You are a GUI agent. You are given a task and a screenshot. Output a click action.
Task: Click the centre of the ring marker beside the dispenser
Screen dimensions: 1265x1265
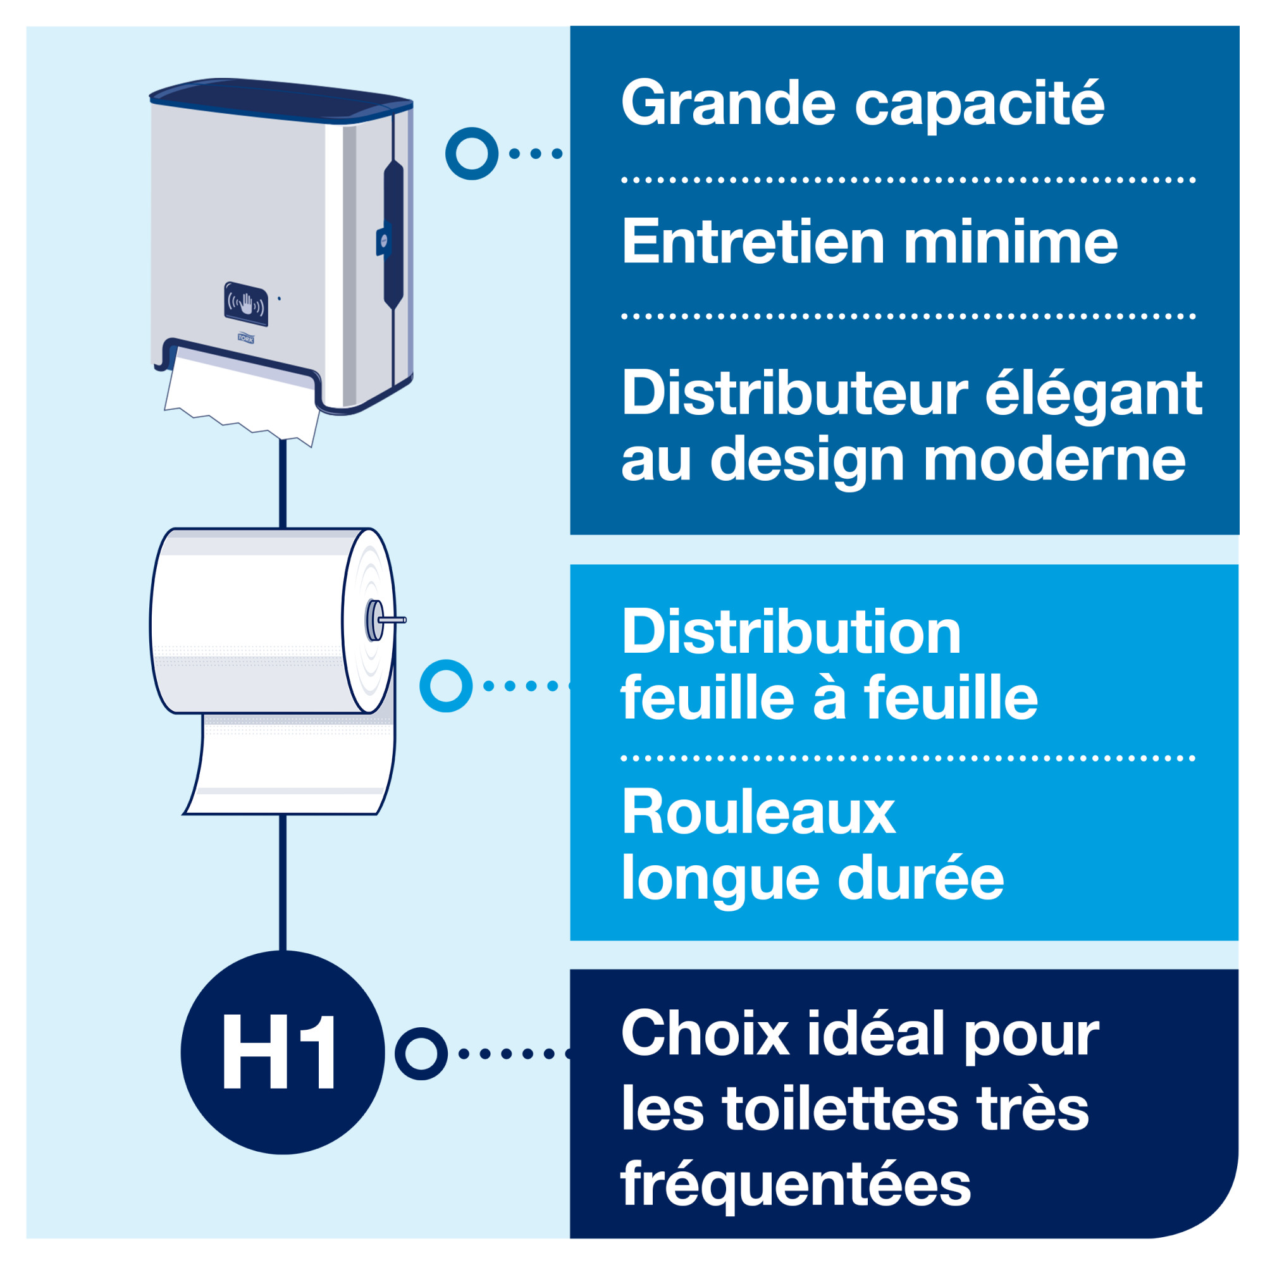(471, 154)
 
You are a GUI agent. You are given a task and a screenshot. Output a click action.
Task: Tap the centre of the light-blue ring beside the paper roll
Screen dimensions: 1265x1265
(446, 686)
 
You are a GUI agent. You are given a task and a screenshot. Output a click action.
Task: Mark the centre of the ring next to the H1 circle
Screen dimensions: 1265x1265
(421, 1054)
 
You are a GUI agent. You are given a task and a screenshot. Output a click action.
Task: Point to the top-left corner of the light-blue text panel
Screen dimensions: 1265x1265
(571, 564)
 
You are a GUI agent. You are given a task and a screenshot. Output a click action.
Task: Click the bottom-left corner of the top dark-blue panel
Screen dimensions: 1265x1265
(571, 534)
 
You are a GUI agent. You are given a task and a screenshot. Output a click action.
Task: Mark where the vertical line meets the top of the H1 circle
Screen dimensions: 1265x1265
(283, 951)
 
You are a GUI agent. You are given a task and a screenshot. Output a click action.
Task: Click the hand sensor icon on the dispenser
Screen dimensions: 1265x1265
(245, 304)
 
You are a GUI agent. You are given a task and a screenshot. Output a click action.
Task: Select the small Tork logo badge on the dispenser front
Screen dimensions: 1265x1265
(245, 338)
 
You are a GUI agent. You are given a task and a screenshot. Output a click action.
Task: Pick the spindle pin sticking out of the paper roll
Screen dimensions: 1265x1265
(392, 619)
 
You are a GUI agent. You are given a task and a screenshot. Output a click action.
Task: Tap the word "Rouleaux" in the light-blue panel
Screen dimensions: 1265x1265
(758, 812)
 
